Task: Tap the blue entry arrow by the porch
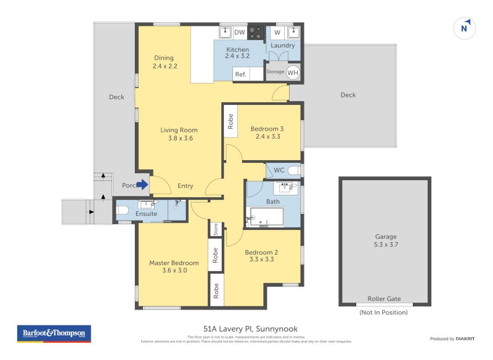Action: pos(142,184)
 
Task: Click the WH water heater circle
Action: pos(293,72)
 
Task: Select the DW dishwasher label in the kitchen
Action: pos(240,32)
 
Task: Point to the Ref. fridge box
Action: pos(240,74)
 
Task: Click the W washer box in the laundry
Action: pos(277,32)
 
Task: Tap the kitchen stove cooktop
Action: pos(256,32)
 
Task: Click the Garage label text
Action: pos(386,236)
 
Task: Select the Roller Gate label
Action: pos(384,299)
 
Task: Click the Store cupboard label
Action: pos(216,229)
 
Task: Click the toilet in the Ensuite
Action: pos(122,210)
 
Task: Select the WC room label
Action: pos(279,170)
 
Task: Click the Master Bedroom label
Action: pos(174,263)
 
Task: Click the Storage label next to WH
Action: pos(275,72)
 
